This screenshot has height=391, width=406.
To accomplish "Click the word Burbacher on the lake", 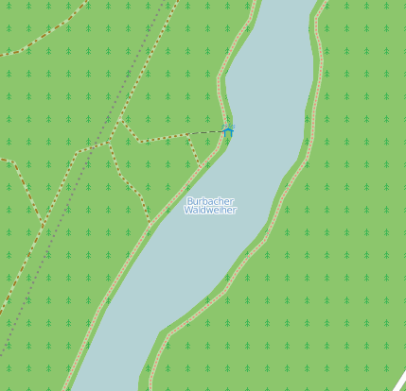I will point(209,201).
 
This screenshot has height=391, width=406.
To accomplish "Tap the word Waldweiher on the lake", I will point(210,211).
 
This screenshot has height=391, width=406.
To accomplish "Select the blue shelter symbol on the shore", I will point(227,129).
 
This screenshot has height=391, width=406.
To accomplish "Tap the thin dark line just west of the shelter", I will point(210,131).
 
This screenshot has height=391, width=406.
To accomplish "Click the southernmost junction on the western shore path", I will point(150,228).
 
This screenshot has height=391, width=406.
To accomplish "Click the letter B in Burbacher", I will point(189,201).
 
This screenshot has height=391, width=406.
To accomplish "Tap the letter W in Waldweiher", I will point(187,211).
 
